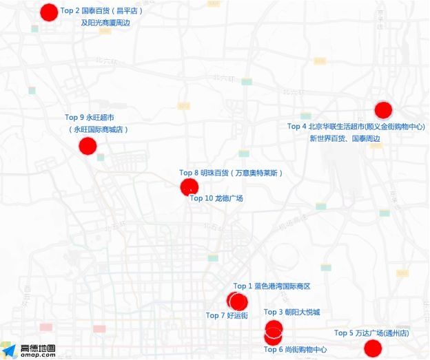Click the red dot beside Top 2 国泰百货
[49, 12]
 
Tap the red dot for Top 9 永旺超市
[88, 146]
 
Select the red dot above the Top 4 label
[383, 110]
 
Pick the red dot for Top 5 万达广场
[373, 348]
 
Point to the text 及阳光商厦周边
[105, 23]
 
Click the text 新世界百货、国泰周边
[345, 138]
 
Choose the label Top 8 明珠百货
[231, 173]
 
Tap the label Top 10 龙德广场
[216, 198]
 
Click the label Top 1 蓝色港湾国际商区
[272, 286]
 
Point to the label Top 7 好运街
[227, 316]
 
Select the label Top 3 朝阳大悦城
[291, 313]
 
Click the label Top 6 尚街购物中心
[295, 350]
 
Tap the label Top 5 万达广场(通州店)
[371, 333]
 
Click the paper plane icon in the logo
[9, 350]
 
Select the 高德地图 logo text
[38, 348]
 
